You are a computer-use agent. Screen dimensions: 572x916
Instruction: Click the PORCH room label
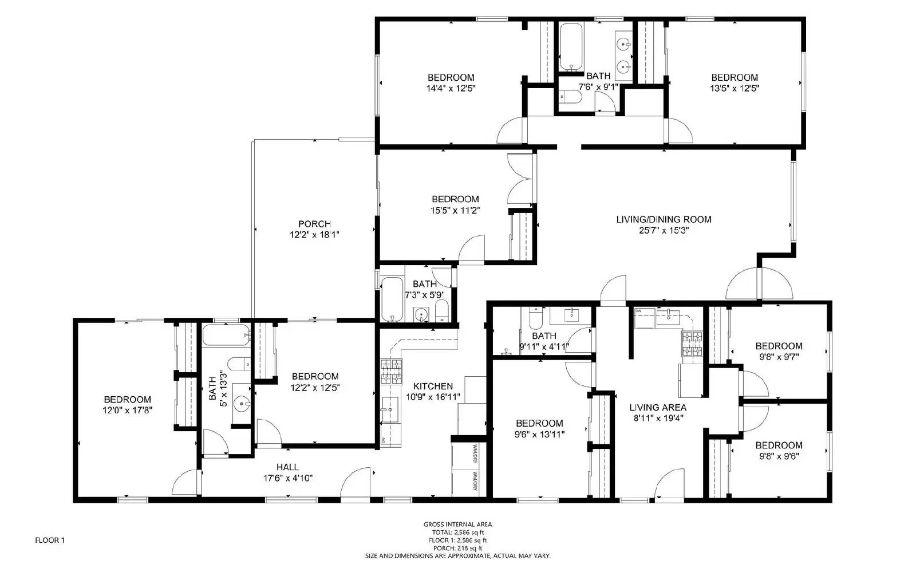pos(314,224)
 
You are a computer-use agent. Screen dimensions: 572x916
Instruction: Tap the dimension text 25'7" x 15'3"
pos(664,230)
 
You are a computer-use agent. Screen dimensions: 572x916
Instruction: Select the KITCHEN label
pos(433,386)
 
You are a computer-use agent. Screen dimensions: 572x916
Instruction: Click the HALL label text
pos(287,467)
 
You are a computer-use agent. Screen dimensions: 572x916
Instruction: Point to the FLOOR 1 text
pos(50,540)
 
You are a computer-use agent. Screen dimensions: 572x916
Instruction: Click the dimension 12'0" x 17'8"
pos(128,410)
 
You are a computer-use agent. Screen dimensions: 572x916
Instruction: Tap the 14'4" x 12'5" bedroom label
pos(451,88)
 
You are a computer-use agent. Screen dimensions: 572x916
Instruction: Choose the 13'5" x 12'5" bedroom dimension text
pos(735,88)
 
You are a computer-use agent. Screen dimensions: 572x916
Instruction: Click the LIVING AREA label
pos(658,408)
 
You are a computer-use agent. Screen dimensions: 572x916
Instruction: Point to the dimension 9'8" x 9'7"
pos(779,356)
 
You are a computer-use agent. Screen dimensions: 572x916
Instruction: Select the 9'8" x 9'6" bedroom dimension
pos(779,456)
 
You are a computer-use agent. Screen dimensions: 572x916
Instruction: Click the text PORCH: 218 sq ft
pos(457,548)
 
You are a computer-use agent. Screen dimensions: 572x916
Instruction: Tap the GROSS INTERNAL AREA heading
pos(457,524)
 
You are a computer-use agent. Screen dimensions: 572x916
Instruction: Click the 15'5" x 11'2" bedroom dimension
pos(455,210)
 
